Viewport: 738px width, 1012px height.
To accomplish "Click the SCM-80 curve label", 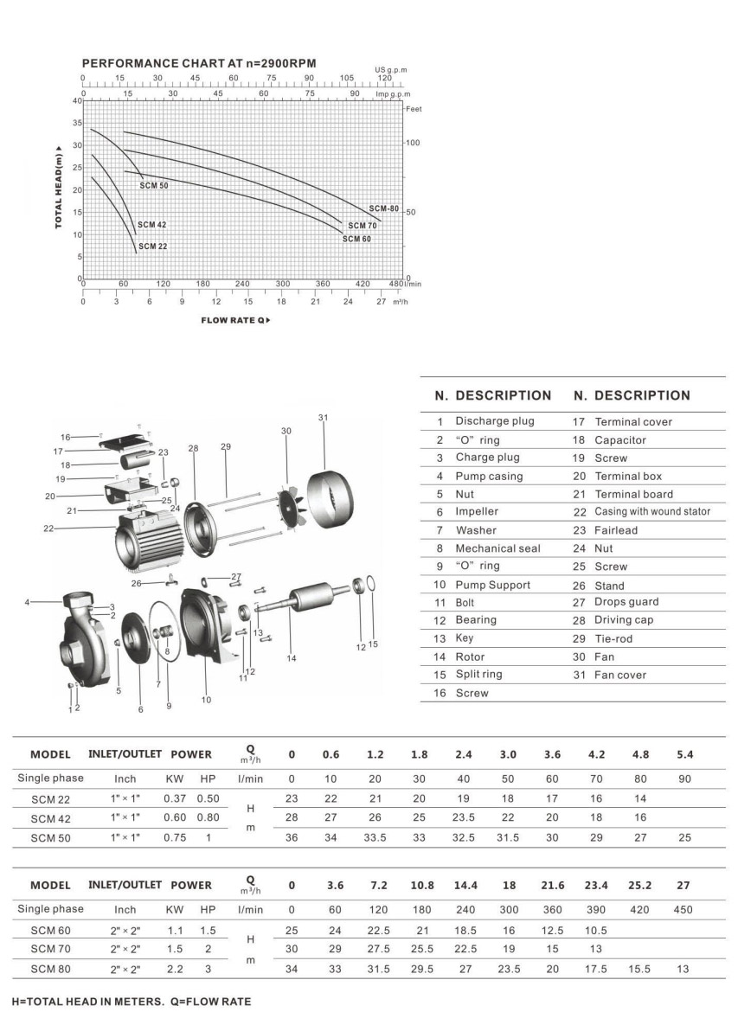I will click(384, 208).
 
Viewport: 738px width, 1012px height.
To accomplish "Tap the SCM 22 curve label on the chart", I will click(152, 247).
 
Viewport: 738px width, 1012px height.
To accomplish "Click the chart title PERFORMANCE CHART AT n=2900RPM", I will click(198, 64).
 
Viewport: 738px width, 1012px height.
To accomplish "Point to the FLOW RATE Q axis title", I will click(236, 320).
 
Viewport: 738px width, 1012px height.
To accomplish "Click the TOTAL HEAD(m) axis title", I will click(58, 187).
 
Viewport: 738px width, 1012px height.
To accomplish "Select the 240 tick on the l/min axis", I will click(242, 284).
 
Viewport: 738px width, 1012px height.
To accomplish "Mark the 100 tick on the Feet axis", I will click(413, 143).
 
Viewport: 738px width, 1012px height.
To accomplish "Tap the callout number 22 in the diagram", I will click(48, 528).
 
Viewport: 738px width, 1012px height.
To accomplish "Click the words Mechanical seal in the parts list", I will click(497, 548).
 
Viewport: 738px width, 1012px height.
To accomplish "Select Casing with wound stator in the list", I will click(652, 511).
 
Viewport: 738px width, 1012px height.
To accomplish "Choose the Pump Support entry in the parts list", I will click(493, 584).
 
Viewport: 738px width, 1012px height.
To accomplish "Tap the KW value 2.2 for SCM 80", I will click(174, 969).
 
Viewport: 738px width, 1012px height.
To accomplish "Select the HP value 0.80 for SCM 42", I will click(208, 817).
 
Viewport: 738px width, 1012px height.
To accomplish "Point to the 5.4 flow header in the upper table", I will click(684, 754).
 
